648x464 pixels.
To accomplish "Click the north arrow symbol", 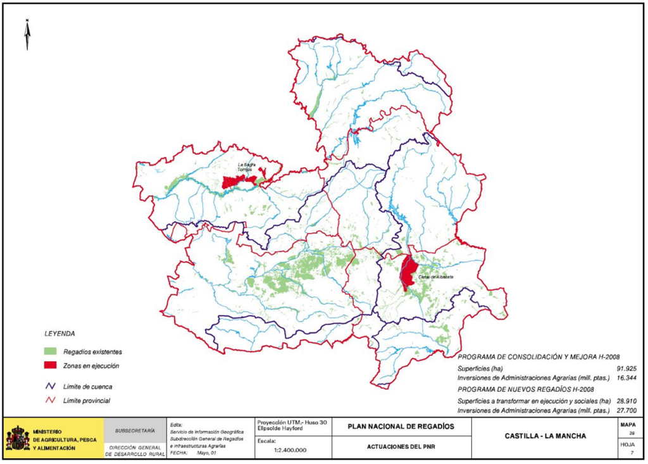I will [27, 35].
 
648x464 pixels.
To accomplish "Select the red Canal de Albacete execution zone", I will [408, 272].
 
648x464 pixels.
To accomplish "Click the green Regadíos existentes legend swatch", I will [51, 351].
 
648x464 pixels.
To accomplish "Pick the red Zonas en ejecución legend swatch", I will [51, 365].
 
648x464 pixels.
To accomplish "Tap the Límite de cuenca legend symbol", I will [51, 386].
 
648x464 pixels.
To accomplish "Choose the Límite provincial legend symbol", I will [51, 400].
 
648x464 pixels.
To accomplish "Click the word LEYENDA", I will [59, 333].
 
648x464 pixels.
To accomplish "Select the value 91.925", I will [625, 368].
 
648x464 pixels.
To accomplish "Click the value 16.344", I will [625, 378].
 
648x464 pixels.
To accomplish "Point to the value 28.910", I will [625, 401].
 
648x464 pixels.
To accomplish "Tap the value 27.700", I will [625, 411].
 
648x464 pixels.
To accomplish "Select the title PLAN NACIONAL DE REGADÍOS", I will [401, 426].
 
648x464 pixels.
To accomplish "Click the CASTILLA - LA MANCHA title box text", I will [545, 436].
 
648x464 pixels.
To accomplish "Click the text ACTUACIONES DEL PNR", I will [401, 447].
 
